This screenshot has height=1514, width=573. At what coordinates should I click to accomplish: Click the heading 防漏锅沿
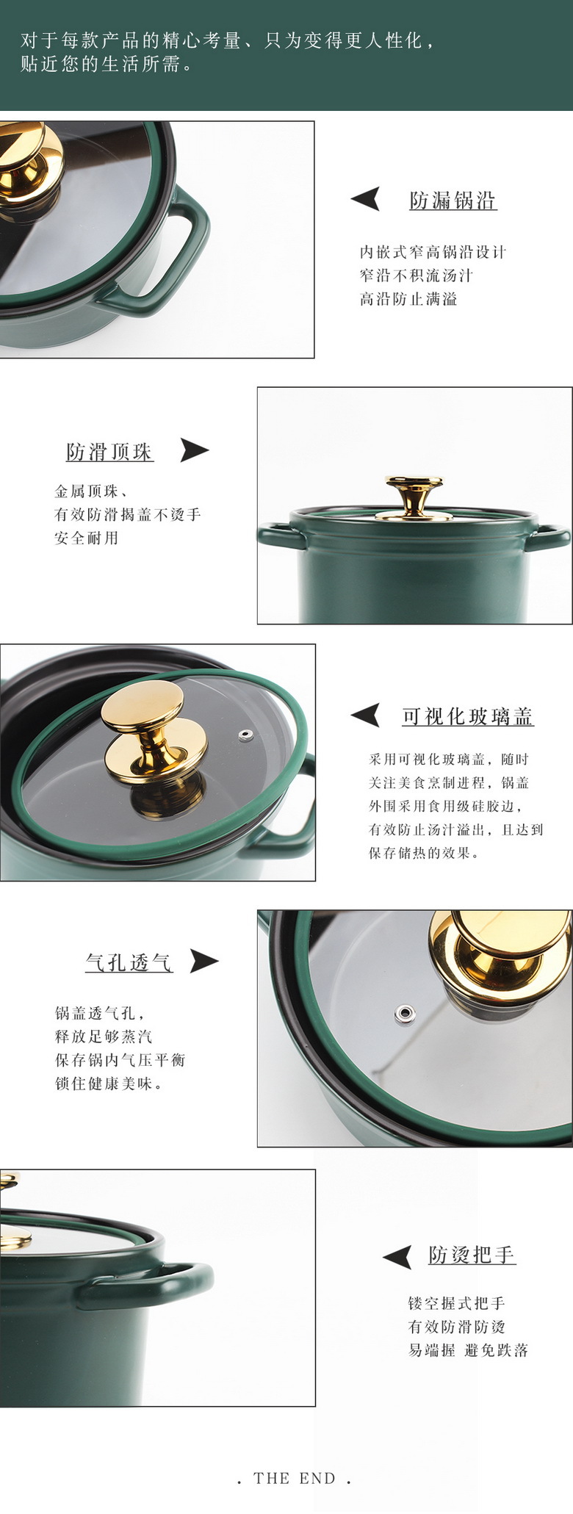click(x=453, y=201)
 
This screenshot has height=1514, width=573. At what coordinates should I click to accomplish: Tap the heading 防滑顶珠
click(x=109, y=452)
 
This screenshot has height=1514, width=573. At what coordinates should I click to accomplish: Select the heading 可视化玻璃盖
click(x=467, y=716)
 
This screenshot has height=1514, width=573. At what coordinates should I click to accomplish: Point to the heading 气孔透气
click(x=129, y=962)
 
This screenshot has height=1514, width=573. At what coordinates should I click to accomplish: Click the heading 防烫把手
click(x=472, y=1255)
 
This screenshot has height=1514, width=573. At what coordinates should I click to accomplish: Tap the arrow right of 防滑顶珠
click(x=194, y=450)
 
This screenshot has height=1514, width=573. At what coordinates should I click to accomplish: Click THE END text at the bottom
click(x=295, y=1478)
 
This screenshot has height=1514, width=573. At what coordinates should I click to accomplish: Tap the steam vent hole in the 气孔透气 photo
click(x=403, y=1014)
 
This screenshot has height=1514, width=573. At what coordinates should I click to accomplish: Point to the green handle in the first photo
click(x=176, y=250)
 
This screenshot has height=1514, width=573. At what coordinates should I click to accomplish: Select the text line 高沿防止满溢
click(x=408, y=299)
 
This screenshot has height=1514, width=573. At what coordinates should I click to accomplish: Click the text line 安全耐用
click(x=86, y=538)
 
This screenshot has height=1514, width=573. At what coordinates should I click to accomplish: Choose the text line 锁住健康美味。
click(x=109, y=1084)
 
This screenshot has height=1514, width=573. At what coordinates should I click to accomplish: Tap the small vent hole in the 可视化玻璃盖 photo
click(x=245, y=735)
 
